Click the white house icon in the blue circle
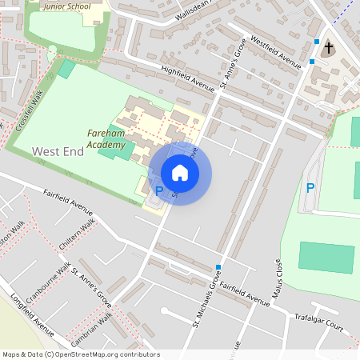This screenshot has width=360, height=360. (x=180, y=173)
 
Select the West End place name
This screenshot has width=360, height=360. (x=58, y=150)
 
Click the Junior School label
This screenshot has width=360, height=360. (x=66, y=6)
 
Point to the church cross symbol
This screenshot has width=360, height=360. (x=327, y=49)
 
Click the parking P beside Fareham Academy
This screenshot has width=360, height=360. (x=158, y=190)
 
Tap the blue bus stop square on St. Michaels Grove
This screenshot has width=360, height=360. (x=218, y=267)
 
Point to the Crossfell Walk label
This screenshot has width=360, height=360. (x=29, y=111)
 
